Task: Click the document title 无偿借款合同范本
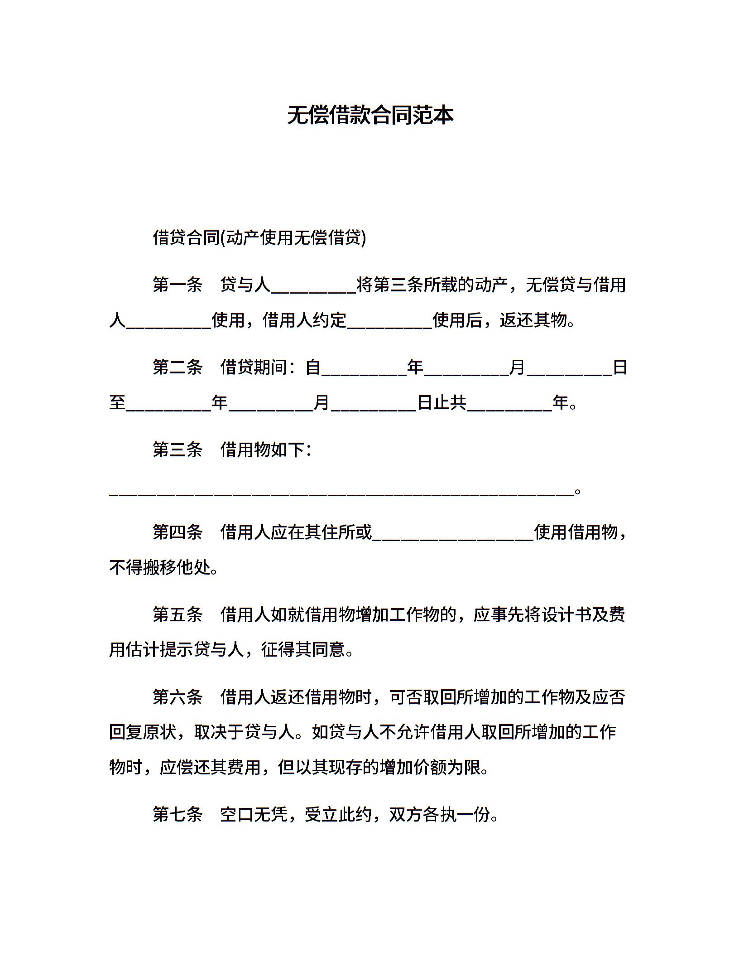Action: point(370,116)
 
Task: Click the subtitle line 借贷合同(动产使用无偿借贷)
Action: point(259,237)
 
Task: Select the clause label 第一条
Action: point(178,285)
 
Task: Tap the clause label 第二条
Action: point(178,367)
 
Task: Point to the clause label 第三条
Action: point(178,449)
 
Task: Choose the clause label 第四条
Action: point(178,532)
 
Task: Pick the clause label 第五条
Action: point(178,614)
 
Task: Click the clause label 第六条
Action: point(178,697)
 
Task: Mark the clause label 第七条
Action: point(178,815)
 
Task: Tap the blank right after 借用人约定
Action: point(389,323)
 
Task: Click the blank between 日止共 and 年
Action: point(509,405)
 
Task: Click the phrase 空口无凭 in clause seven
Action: point(254,815)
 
